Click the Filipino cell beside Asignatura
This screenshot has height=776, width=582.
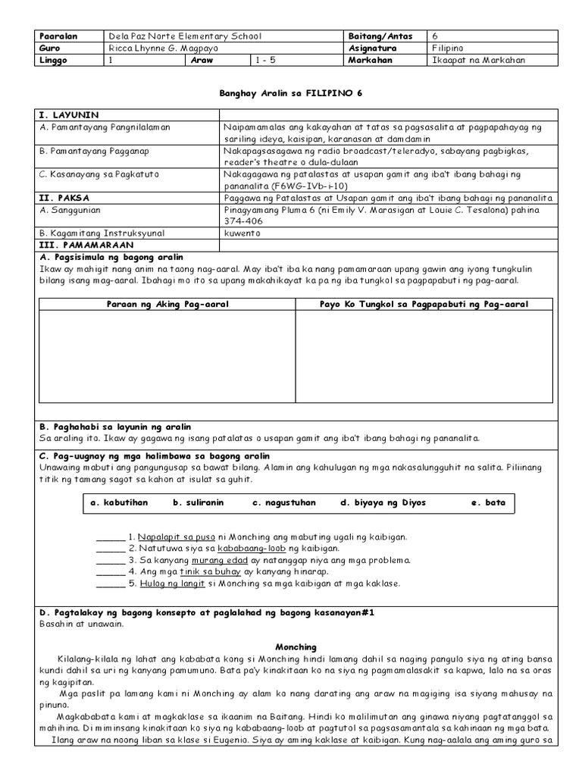449,48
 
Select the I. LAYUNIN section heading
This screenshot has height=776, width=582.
69,114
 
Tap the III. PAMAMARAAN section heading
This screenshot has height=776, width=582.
86,246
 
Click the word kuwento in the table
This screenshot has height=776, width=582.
242,233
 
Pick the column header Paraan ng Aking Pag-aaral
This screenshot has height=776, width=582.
168,305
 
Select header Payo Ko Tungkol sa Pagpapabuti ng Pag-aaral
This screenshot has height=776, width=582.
424,305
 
